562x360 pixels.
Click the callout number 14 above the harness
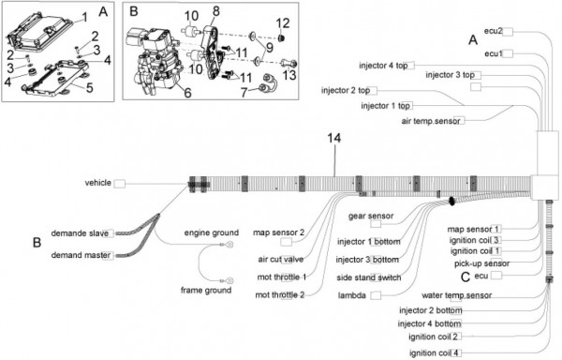(x=333, y=138)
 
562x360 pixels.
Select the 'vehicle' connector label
(x=97, y=183)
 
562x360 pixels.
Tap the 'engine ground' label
(x=212, y=232)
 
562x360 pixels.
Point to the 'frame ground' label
(x=206, y=290)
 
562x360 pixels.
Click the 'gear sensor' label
(x=371, y=216)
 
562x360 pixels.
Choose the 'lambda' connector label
(x=352, y=295)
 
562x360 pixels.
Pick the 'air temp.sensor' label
(x=431, y=121)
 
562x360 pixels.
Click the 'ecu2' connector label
(x=494, y=31)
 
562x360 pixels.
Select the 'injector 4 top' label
(x=383, y=66)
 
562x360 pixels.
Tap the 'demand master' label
(x=81, y=255)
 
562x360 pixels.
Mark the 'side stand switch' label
(x=369, y=277)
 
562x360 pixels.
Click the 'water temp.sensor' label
(x=457, y=295)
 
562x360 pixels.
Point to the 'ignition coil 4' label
(x=434, y=352)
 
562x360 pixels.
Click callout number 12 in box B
(x=283, y=23)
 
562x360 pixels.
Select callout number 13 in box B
(x=289, y=75)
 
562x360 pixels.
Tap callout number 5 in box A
(x=89, y=87)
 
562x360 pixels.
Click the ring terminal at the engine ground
(x=229, y=245)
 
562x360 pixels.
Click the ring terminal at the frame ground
(x=229, y=280)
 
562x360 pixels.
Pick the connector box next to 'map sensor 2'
(x=286, y=243)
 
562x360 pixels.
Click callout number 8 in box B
(x=215, y=11)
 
